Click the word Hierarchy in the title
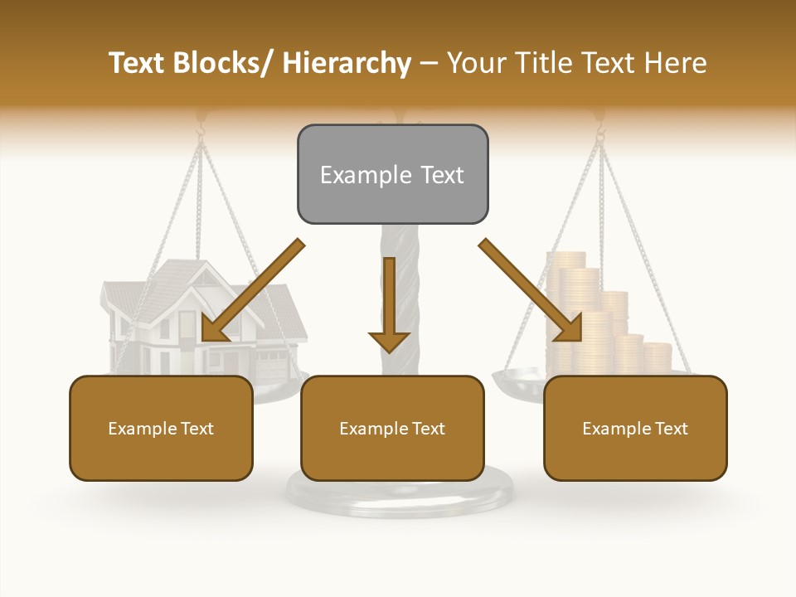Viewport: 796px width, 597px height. click(x=347, y=63)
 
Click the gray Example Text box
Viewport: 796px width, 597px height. click(x=392, y=174)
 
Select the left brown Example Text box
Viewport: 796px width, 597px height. click(x=161, y=428)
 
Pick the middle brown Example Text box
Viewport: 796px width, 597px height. click(x=392, y=428)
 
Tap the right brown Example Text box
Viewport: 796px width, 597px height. click(x=635, y=428)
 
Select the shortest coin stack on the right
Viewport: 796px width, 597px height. click(x=657, y=357)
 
